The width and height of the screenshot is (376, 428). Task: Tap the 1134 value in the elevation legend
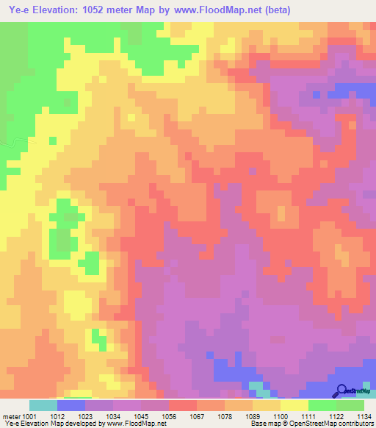click(362, 416)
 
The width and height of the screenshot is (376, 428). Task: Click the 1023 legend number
click(84, 416)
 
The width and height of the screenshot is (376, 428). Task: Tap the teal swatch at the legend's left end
click(43, 405)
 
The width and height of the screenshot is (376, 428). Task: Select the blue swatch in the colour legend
click(70, 405)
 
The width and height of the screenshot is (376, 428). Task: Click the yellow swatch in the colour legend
click(294, 405)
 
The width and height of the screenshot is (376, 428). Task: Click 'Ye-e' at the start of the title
click(15, 10)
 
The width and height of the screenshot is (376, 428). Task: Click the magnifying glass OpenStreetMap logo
click(342, 390)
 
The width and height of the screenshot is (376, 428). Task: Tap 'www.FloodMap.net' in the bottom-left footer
click(137, 424)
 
